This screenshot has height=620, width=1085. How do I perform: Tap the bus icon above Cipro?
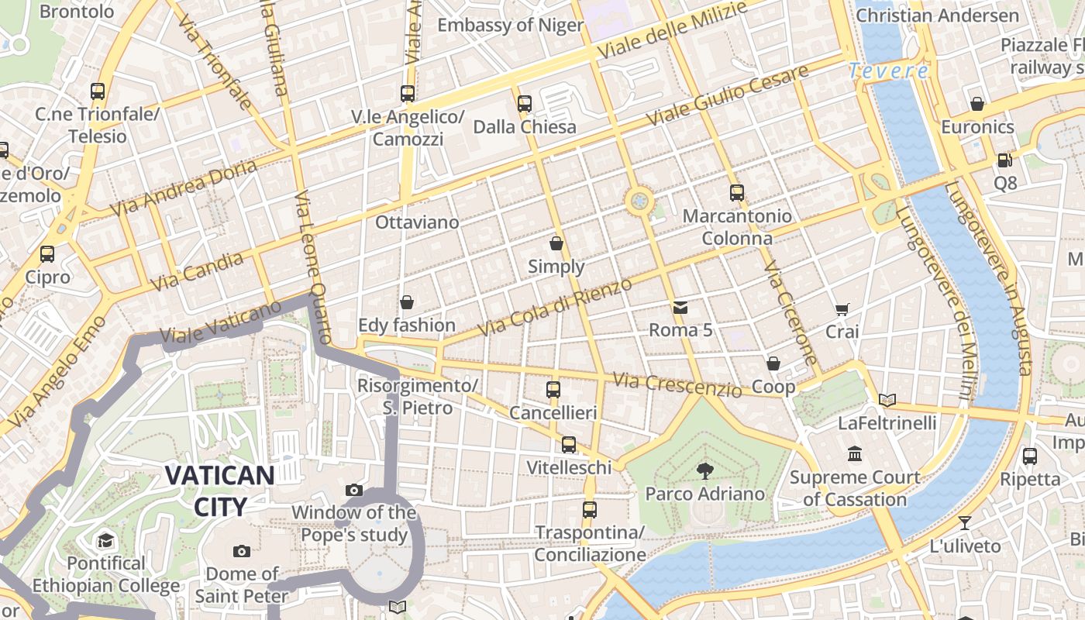click(47, 253)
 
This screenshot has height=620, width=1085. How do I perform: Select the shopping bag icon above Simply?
click(556, 243)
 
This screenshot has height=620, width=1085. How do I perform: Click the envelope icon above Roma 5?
click(680, 308)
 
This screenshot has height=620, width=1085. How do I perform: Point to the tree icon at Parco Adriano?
click(704, 470)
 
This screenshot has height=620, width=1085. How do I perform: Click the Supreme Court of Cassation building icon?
click(855, 453)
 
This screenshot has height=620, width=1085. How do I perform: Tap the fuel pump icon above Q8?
click(1004, 160)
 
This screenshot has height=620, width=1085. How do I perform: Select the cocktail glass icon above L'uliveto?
click(965, 522)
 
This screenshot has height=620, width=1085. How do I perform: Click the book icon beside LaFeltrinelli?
click(887, 400)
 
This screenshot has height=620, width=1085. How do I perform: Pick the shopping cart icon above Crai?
click(842, 309)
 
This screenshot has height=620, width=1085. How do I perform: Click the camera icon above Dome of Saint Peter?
click(242, 551)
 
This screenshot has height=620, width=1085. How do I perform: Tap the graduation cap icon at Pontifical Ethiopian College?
click(105, 540)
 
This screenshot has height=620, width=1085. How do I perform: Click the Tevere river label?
click(888, 71)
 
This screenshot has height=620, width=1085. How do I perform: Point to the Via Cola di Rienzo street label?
click(555, 308)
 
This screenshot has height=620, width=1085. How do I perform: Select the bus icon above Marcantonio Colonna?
click(736, 193)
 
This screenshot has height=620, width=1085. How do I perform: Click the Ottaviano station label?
click(417, 222)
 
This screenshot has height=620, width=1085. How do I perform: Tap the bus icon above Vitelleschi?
click(569, 445)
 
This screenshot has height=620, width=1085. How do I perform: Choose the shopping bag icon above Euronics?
click(977, 104)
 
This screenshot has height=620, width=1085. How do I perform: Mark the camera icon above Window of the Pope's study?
click(354, 490)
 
